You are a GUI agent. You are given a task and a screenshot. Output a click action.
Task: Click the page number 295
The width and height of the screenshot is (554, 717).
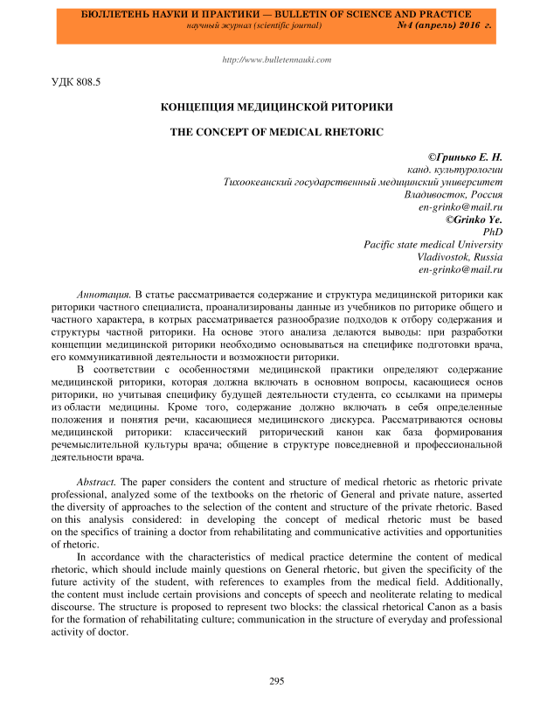tap(277, 680)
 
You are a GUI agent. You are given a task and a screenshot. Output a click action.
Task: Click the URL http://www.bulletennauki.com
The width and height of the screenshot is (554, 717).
tap(277, 59)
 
